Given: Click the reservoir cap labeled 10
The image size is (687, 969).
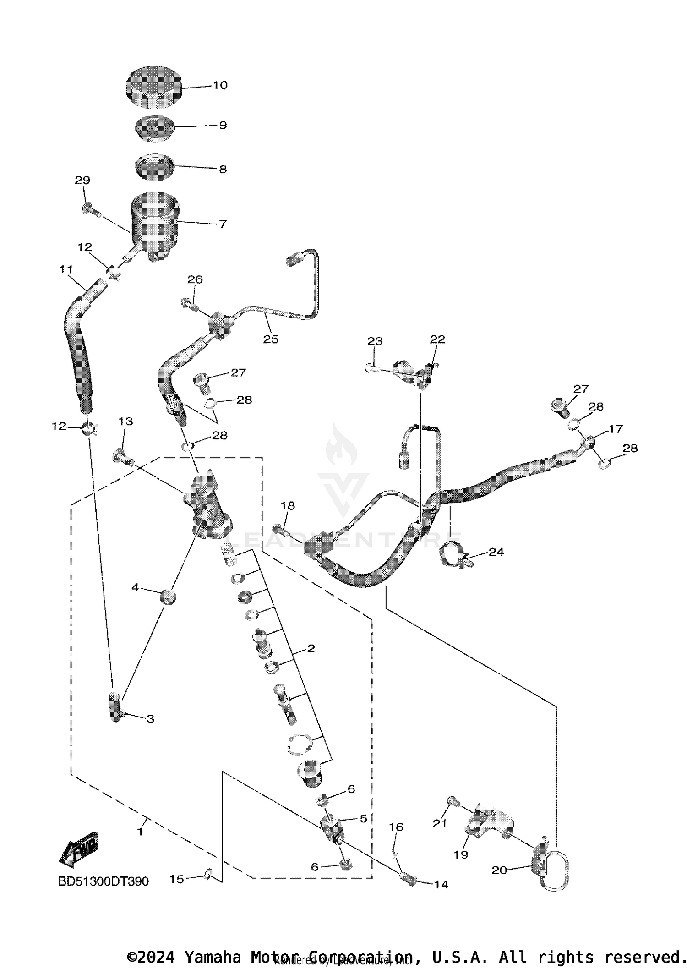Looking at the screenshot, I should coord(153,88).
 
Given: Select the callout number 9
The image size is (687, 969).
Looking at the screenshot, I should coord(223,125).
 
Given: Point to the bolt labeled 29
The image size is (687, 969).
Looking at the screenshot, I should coord(91,210).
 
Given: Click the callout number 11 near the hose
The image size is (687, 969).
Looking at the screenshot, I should coord(66,269).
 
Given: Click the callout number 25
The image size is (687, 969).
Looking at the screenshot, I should coord(271,339).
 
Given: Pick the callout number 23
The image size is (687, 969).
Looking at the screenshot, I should coord(375,341).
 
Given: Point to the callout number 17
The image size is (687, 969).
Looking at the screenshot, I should coord(616,428).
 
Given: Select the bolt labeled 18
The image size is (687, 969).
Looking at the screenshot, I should coord(280,531).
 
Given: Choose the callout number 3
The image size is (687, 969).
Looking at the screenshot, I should coord(150,719).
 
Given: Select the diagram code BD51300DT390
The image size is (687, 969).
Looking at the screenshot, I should coord(103,881).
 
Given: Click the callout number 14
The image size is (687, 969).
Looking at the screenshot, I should coord(441,884).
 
